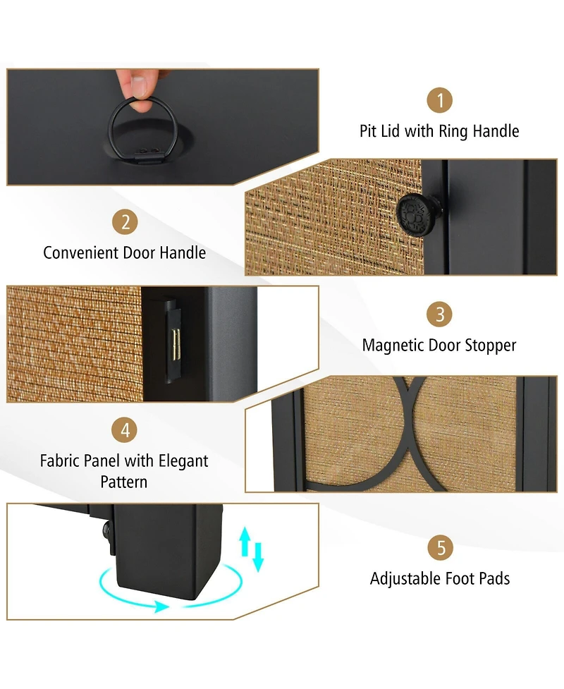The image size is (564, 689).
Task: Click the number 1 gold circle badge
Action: (440, 100)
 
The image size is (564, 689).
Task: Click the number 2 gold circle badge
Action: (125, 222)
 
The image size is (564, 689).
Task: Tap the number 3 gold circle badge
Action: (439, 315)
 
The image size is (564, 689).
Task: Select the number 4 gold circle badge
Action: (125, 429)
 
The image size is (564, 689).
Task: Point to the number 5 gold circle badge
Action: (441, 547)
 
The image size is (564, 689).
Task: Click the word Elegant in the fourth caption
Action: (183, 461)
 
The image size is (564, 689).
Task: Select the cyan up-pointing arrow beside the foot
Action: (245, 542)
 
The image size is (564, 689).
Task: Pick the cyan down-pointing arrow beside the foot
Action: (258, 557)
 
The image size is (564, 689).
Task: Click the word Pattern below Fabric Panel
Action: (124, 482)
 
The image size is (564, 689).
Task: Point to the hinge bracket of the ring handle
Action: (148, 156)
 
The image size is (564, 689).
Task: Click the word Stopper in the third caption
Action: (490, 346)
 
